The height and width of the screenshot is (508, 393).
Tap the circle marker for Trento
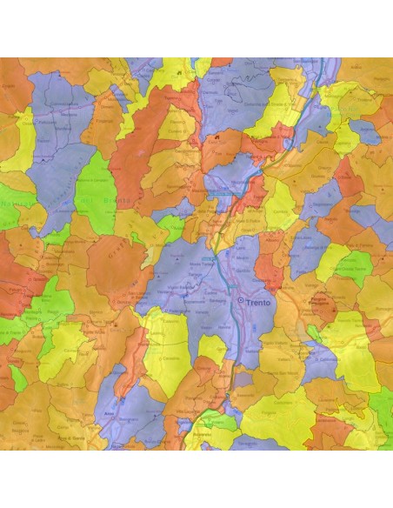coord(241,300)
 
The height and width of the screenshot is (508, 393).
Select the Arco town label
coord(110,414)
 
